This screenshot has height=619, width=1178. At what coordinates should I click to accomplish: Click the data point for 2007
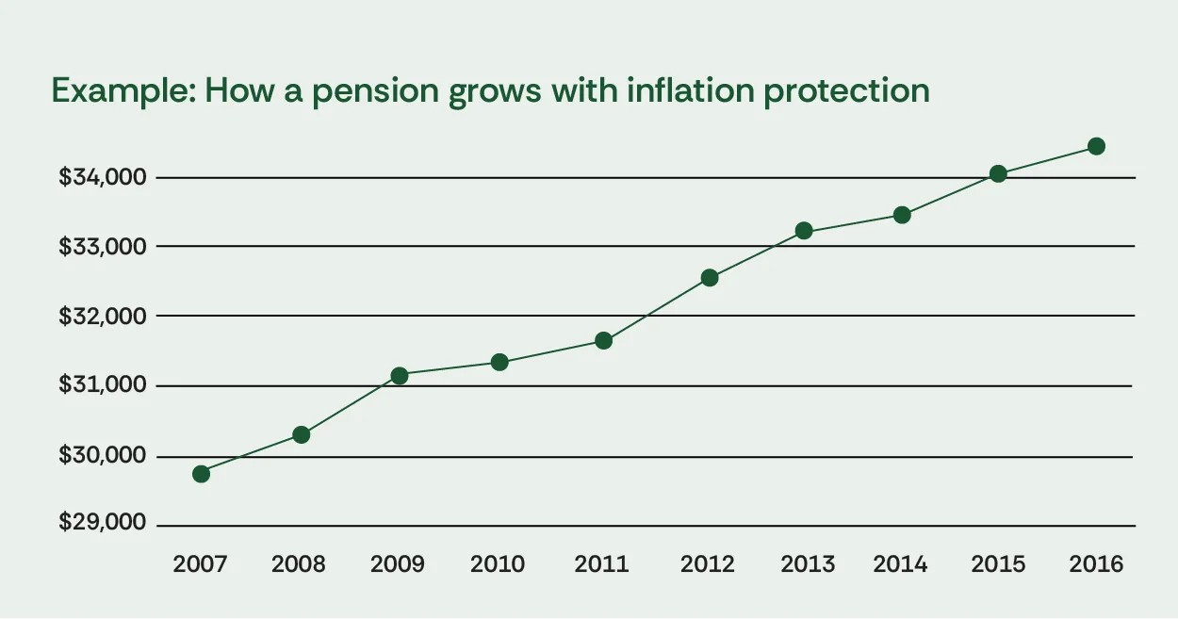(201, 473)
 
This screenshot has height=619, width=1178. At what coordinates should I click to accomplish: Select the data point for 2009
(400, 375)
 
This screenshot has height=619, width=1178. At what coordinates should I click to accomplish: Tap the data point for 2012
(710, 278)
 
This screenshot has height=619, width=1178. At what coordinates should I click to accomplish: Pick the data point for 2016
(1096, 146)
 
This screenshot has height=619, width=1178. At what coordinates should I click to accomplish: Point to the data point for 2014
(902, 215)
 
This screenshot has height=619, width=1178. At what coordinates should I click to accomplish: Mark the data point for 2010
(499, 362)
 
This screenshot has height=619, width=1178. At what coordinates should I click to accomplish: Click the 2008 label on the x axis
(299, 564)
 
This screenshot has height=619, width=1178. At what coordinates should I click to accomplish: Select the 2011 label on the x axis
(602, 564)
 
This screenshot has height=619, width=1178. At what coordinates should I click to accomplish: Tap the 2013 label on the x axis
(808, 564)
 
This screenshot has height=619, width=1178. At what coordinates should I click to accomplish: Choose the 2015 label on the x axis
(998, 564)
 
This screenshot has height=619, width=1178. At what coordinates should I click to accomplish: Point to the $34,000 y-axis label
(102, 177)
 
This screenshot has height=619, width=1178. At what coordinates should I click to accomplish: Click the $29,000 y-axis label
(102, 523)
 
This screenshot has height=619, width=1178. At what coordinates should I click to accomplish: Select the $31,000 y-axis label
(102, 385)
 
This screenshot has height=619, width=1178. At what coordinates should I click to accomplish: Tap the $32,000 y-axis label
(102, 316)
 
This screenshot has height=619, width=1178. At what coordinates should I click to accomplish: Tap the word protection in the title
(853, 91)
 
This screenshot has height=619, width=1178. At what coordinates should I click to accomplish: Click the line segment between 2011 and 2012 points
(657, 309)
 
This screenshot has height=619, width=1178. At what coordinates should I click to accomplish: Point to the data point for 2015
(998, 173)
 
